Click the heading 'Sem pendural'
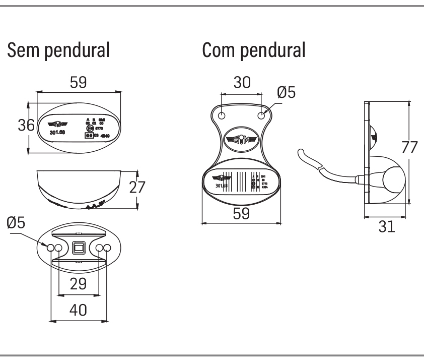click(x=57, y=51)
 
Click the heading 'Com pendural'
click(x=253, y=51)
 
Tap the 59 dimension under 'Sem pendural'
click(x=78, y=83)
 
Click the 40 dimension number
click(x=78, y=309)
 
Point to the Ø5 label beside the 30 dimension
click(x=287, y=92)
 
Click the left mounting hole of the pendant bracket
click(x=222, y=115)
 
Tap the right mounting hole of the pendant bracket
click(x=261, y=115)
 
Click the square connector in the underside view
click(x=78, y=248)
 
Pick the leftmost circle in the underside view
click(x=51, y=248)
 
